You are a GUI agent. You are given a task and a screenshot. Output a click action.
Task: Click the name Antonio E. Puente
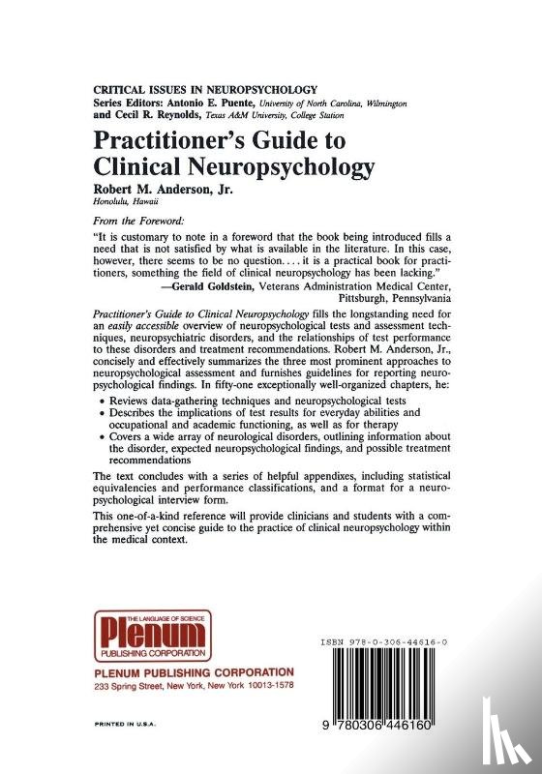click(x=247, y=102)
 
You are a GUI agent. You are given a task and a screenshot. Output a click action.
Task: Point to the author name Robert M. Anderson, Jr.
click(x=176, y=190)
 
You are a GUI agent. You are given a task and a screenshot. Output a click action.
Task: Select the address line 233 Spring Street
click(x=194, y=686)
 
